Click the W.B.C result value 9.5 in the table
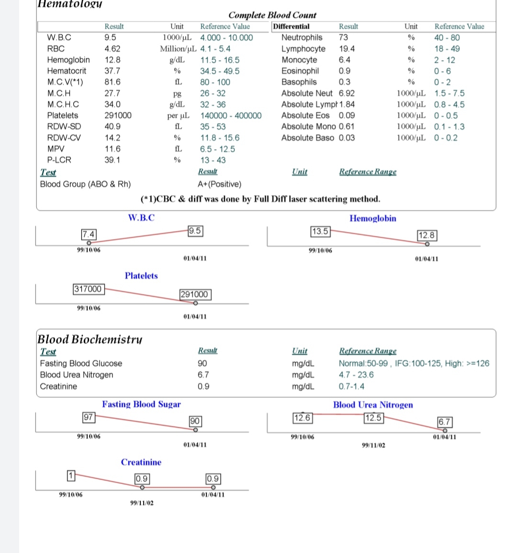tap(110, 37)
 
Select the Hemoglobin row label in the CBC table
tap(68, 60)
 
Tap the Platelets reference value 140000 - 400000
tap(231, 115)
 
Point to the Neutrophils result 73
tap(343, 37)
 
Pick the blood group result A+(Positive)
tap(219, 184)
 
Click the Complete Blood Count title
tap(272, 15)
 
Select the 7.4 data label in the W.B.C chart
tap(89, 234)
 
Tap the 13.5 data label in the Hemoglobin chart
tap(320, 232)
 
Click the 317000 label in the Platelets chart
tap(88, 289)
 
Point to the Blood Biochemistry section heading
tap(90, 339)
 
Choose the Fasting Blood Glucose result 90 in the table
tap(202, 364)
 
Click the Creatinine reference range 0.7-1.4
tap(351, 387)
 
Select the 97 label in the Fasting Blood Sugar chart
tap(88, 417)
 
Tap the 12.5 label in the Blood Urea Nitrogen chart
tap(373, 418)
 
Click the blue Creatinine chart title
tap(141, 462)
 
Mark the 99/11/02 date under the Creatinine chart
tap(142, 503)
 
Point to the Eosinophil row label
tap(300, 71)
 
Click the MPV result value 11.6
tap(112, 149)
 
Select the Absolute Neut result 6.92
tap(347, 93)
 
